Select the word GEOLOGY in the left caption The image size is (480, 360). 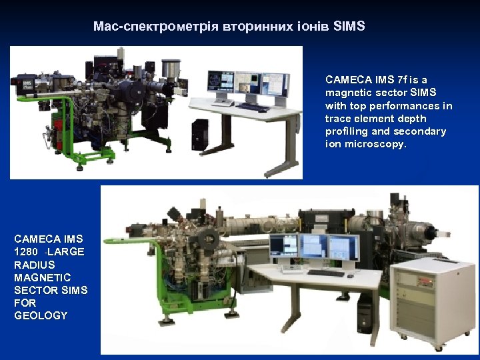point(41,315)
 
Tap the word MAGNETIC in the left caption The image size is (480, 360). point(42,277)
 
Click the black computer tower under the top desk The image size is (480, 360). point(199,135)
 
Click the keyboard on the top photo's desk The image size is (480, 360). point(253,107)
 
